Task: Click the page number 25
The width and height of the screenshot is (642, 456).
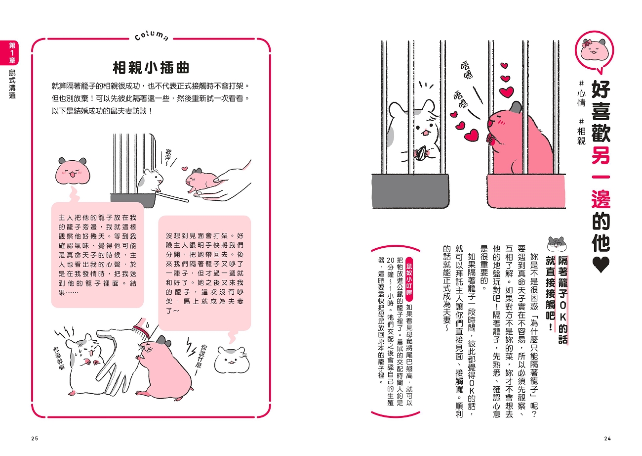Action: point(35,439)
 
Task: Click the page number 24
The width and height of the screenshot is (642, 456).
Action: point(607,439)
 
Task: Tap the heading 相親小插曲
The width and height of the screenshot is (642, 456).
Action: point(151,68)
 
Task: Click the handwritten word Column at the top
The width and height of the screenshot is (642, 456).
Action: point(151,37)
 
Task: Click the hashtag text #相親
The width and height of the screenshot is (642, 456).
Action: point(581,131)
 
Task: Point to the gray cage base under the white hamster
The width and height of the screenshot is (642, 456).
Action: point(410,191)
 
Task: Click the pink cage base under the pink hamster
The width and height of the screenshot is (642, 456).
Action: point(526,191)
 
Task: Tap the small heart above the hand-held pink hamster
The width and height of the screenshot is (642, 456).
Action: point(185,169)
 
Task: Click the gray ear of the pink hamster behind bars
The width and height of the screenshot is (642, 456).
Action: point(517,107)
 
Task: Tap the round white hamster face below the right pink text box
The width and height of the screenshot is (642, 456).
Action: point(232,360)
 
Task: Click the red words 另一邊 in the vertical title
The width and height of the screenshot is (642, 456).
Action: point(601,178)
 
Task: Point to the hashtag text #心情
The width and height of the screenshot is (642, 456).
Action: point(581,93)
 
